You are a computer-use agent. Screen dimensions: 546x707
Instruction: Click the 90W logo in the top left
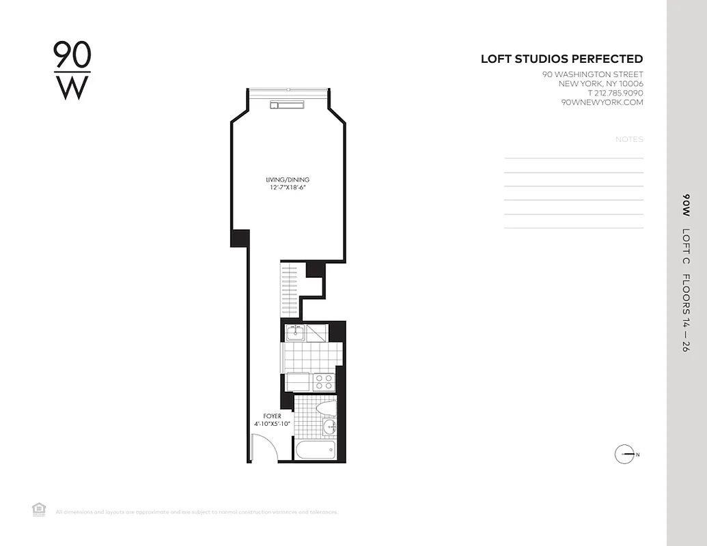coord(72,71)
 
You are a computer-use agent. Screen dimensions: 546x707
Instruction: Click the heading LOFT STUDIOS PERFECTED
coord(562,59)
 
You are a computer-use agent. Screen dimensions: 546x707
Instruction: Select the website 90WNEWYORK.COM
coord(601,102)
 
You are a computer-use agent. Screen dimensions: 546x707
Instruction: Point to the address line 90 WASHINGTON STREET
coord(592,74)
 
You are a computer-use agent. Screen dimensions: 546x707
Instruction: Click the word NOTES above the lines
coord(629,139)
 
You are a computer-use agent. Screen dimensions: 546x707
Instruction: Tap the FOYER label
coord(272,416)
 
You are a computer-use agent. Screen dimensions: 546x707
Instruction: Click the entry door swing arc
coord(263,447)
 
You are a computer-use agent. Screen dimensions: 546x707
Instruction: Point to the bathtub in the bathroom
coord(315,450)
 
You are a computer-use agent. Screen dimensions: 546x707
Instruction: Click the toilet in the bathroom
coord(327,408)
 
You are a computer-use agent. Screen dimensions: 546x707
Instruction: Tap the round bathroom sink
coord(329,428)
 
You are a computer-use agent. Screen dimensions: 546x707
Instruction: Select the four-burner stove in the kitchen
coord(324,382)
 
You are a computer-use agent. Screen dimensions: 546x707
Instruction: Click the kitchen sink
coord(295,333)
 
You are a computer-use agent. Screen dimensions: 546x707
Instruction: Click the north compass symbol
coord(625,455)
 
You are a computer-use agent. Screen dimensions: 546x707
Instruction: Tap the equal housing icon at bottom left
coord(39,509)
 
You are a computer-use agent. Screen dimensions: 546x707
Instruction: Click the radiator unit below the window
coord(287,104)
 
